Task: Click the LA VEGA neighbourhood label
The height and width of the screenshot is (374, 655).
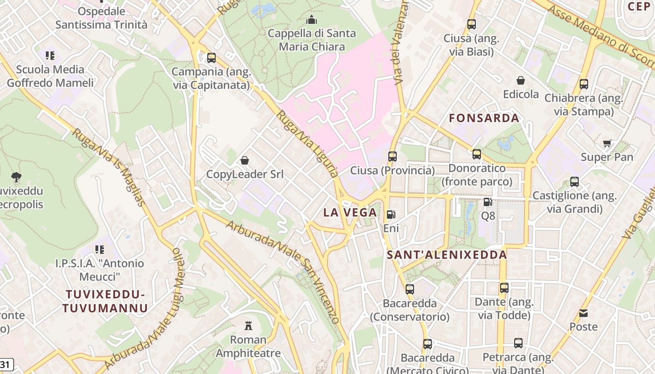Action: (x=350, y=213)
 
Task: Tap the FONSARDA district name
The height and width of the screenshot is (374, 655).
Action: (x=484, y=118)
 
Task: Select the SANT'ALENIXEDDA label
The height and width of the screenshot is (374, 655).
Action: (x=447, y=255)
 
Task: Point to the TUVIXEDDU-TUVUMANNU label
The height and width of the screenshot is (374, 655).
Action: (x=105, y=301)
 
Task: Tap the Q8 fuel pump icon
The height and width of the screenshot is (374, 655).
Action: (x=488, y=202)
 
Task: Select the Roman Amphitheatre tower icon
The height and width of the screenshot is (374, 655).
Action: (x=248, y=325)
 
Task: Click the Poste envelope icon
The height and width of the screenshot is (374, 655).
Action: (x=583, y=313)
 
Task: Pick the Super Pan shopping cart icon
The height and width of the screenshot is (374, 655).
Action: (x=607, y=144)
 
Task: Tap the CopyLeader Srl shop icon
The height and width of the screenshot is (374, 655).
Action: (x=245, y=161)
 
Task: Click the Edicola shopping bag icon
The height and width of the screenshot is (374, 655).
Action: (x=521, y=81)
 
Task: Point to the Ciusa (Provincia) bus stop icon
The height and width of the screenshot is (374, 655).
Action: (x=393, y=157)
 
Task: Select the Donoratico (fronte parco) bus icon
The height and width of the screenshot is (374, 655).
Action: (x=477, y=154)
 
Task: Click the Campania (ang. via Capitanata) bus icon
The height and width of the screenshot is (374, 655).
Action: (x=211, y=58)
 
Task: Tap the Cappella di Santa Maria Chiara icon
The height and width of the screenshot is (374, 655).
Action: (x=311, y=20)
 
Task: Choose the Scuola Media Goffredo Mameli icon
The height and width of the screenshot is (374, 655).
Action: (x=50, y=56)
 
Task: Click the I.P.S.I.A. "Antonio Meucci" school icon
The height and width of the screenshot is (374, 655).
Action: (x=100, y=250)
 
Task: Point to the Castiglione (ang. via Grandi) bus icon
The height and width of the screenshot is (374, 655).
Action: (x=575, y=182)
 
